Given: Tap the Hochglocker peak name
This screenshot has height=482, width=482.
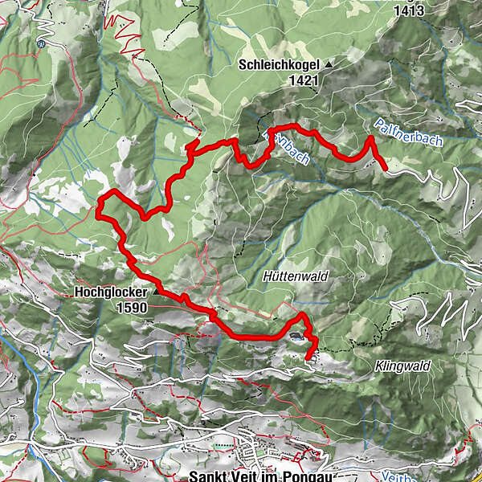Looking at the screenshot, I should click(112, 293).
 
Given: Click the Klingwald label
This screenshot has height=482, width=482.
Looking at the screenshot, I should click(402, 366).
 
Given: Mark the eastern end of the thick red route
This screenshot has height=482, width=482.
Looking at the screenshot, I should click(386, 170).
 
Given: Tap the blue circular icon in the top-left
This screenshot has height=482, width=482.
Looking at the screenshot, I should click(39, 45).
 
